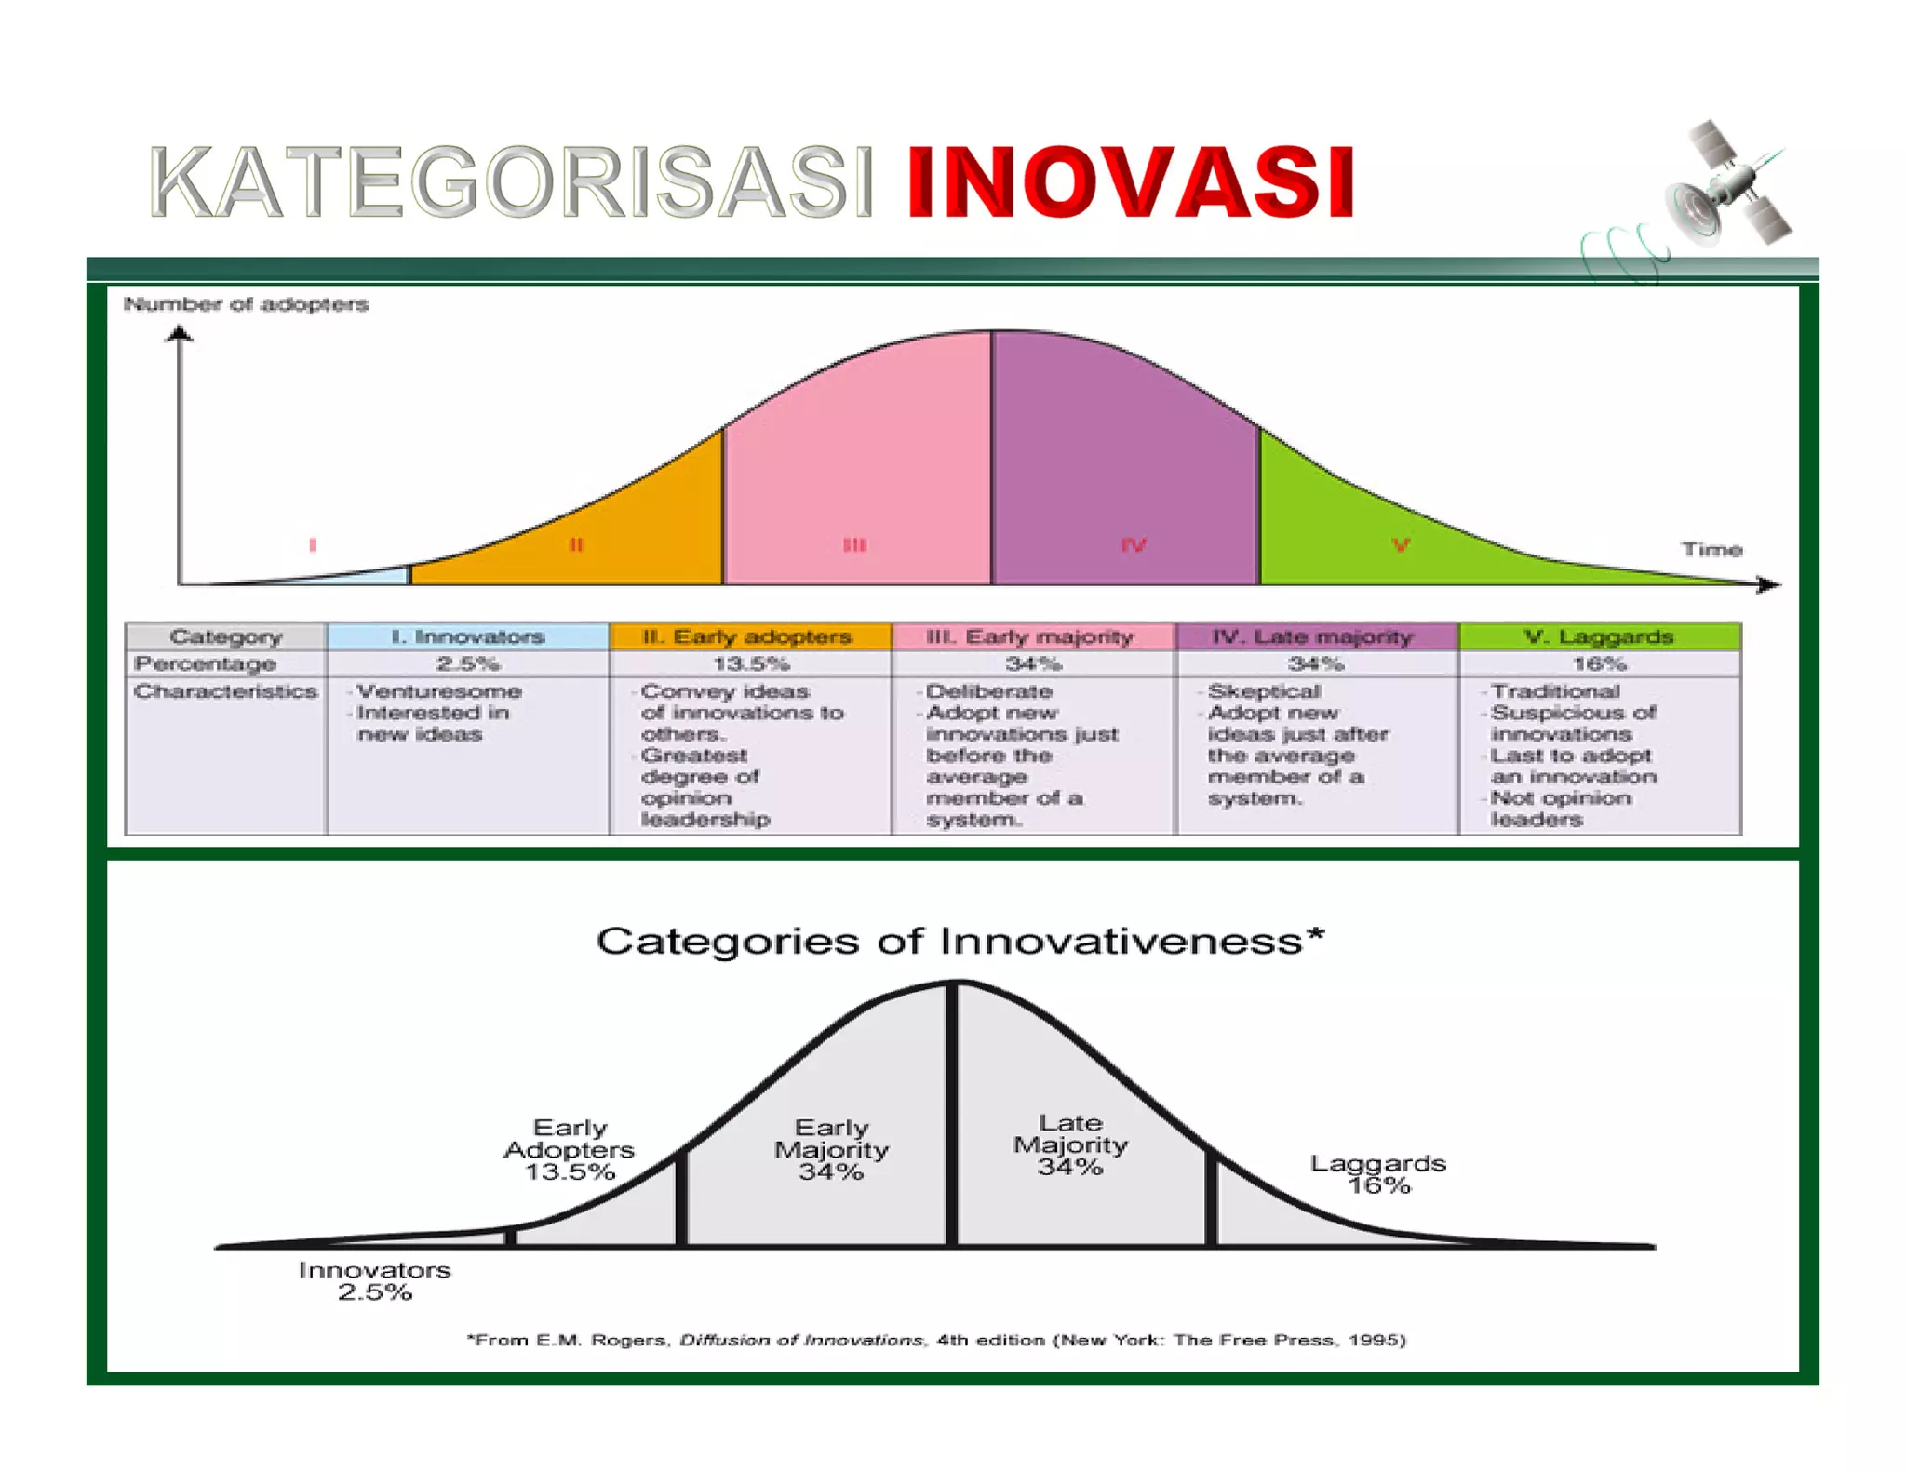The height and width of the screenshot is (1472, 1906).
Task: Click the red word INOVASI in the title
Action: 1130,183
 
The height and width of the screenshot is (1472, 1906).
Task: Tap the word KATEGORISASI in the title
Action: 511,183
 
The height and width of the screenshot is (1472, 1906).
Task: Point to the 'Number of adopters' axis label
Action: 246,304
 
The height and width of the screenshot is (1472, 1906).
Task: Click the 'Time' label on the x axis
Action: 1711,549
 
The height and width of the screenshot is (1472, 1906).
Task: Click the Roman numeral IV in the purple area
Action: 1133,545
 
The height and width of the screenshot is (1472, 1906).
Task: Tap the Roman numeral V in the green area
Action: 1401,545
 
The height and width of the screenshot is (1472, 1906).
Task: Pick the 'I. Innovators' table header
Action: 467,636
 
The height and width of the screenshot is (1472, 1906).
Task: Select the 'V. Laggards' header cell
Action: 1598,636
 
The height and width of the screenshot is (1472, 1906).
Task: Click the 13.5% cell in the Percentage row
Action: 750,663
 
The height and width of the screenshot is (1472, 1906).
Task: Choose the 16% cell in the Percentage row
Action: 1598,663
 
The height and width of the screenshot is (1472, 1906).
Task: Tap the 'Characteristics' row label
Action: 225,691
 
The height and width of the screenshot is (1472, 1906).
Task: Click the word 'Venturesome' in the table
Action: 439,691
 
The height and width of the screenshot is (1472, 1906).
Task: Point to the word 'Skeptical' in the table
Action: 1264,691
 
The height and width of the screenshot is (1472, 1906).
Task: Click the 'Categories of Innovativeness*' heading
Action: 960,941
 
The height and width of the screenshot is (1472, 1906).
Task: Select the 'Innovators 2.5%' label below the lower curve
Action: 374,1280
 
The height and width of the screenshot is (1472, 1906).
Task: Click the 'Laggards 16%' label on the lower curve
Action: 1378,1173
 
